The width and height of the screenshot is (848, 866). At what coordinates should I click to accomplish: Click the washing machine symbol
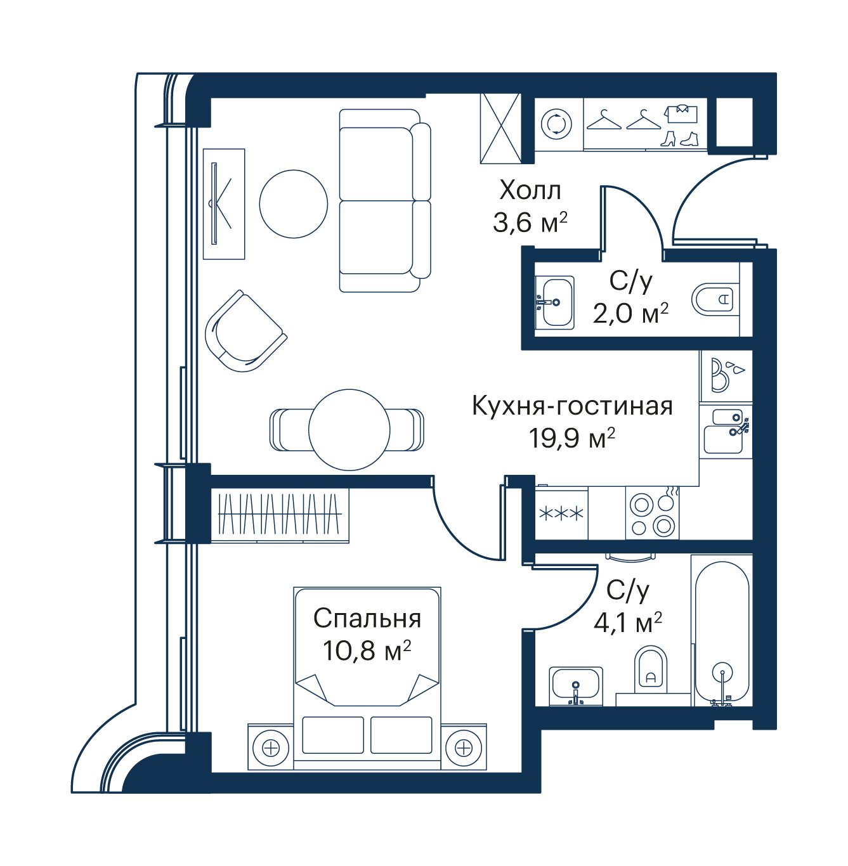click(x=557, y=124)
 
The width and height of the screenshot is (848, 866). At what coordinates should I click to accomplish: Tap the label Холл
click(x=530, y=191)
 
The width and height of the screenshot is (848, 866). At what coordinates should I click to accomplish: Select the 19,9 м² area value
click(x=571, y=437)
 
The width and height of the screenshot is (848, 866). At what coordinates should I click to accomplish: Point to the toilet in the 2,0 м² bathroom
click(x=715, y=299)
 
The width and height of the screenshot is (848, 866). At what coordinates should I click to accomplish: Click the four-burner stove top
click(x=652, y=514)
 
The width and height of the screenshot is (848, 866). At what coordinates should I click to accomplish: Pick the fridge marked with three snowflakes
click(x=561, y=514)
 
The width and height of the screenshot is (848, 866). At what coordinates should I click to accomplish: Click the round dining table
click(x=349, y=430)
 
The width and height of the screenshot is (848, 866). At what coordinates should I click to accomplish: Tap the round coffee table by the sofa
click(x=294, y=204)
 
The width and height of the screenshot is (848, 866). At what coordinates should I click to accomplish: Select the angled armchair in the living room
click(x=245, y=331)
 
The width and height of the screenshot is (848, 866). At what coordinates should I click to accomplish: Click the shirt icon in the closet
click(x=681, y=113)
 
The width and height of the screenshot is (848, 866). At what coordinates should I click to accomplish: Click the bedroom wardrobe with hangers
click(x=280, y=515)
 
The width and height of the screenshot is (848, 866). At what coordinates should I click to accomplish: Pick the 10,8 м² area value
click(x=367, y=650)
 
